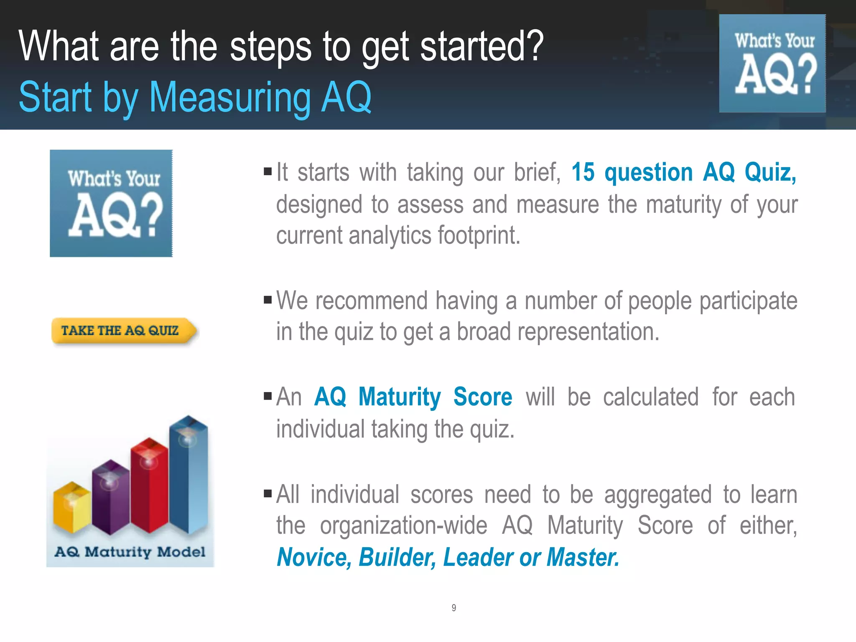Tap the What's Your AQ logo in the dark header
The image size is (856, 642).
click(772, 64)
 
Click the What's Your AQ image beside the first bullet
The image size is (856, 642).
click(111, 204)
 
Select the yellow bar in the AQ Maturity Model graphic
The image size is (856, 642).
click(72, 508)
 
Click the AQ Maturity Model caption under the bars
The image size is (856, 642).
click(130, 552)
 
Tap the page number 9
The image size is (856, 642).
click(453, 608)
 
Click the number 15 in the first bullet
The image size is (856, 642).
click(583, 172)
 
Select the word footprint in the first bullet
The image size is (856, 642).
click(479, 235)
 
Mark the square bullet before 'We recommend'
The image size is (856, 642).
click(268, 300)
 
